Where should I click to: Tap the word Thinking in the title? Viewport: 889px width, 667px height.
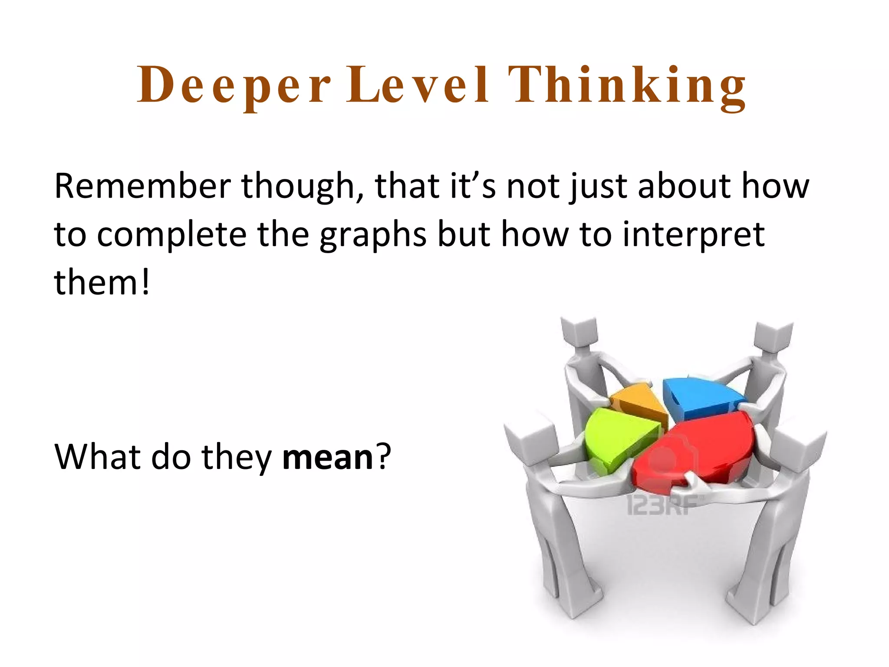[x=627, y=86]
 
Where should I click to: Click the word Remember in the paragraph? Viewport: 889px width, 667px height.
[x=142, y=186]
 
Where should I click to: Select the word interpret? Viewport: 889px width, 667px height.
[x=693, y=235]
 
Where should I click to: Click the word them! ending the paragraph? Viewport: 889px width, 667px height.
[x=102, y=282]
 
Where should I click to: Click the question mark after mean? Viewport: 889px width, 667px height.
[x=384, y=457]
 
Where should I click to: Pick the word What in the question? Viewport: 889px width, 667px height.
[x=97, y=457]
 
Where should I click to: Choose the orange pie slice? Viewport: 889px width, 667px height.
[x=638, y=402]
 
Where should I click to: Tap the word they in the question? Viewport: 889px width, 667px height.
[x=237, y=457]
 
